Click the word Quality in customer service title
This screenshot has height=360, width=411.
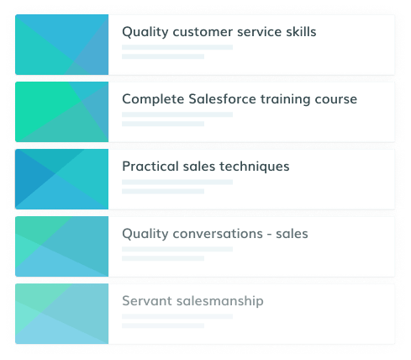[145, 32]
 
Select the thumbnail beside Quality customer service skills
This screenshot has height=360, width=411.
[61, 45]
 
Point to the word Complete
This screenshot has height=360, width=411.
[153, 99]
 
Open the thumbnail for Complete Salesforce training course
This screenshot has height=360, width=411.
[61, 112]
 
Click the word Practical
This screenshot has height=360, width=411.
[150, 166]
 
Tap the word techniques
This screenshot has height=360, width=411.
[254, 167]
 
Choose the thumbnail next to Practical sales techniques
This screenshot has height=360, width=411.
[61, 179]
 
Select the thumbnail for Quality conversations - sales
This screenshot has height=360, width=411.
[61, 246]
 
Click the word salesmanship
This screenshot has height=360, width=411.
[220, 301]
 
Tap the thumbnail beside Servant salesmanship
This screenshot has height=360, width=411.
[61, 314]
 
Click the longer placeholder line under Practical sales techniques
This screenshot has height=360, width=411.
[177, 182]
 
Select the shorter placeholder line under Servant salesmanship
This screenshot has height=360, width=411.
[163, 326]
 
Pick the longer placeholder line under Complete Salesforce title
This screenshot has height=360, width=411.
[177, 114]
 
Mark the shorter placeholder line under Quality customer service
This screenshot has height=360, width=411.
[163, 56]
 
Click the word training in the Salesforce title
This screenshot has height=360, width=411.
[285, 99]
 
